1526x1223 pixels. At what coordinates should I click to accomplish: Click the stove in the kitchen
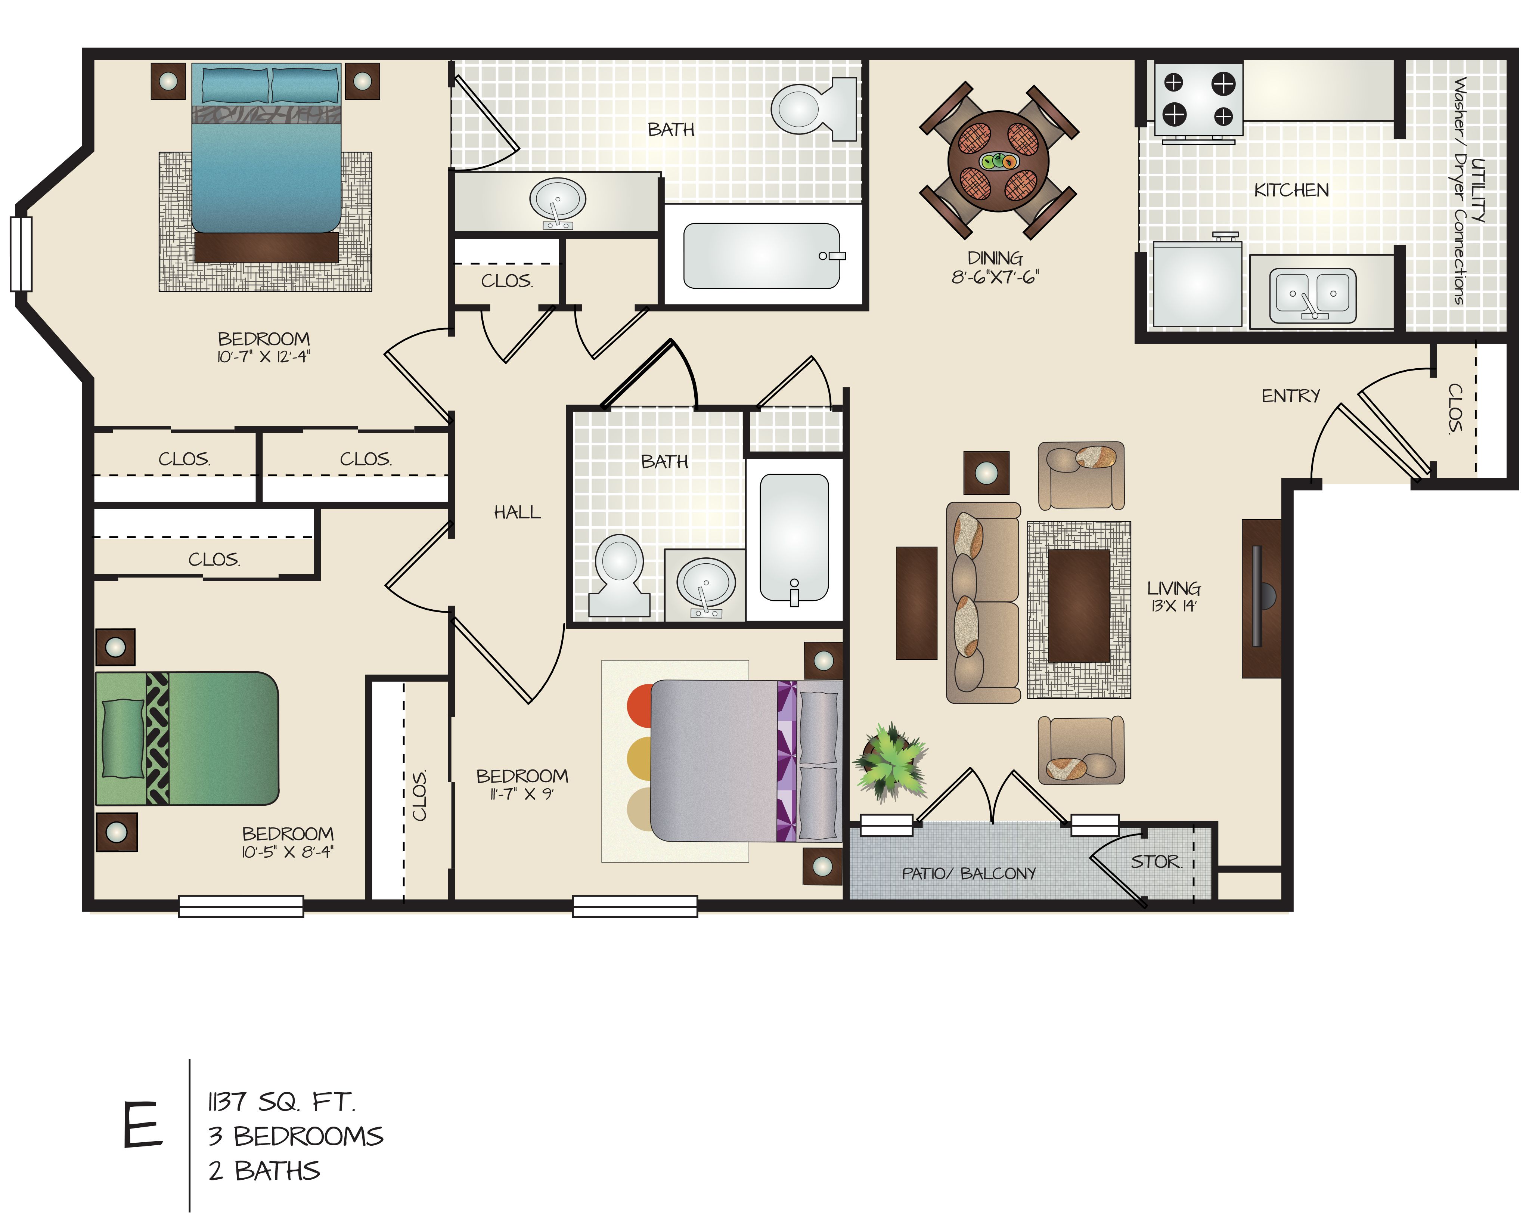point(1198,99)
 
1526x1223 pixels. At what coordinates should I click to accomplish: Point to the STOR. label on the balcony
point(1155,861)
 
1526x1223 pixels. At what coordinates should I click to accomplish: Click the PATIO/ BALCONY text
point(968,873)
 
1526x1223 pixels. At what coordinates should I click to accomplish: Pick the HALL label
point(517,512)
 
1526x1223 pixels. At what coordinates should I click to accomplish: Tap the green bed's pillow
point(123,738)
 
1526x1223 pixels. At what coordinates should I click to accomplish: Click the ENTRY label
point(1290,396)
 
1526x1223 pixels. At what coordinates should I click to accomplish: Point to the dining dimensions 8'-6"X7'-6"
point(995,277)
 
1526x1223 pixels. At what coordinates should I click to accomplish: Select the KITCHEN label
point(1291,190)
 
